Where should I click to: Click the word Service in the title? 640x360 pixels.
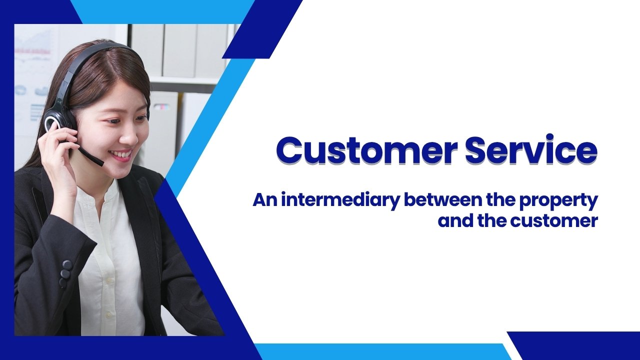point(531,149)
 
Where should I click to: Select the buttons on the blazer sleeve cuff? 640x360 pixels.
point(65,273)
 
